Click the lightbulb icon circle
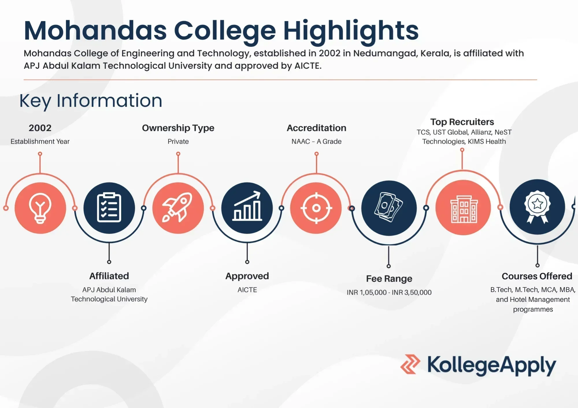click(x=40, y=208)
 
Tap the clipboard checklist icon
click(x=109, y=208)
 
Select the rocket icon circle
click(x=178, y=208)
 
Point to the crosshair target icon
click(x=316, y=208)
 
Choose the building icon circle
click(x=463, y=207)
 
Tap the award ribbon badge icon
click(x=537, y=207)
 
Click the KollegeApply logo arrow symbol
click(x=410, y=364)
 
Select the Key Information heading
click(x=91, y=101)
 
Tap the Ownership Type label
click(x=178, y=128)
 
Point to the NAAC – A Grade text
click(x=316, y=141)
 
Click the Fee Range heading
click(x=389, y=279)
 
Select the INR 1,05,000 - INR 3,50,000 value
click(x=389, y=292)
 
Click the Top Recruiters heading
click(x=462, y=122)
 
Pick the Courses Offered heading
click(x=537, y=276)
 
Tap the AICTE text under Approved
click(x=247, y=290)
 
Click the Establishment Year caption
click(x=40, y=141)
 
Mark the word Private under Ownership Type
click(x=178, y=141)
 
